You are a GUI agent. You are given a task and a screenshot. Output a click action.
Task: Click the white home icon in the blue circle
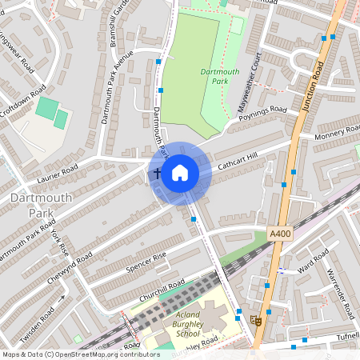[x=180, y=173]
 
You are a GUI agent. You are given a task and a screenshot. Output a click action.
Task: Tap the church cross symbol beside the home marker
[x=157, y=173]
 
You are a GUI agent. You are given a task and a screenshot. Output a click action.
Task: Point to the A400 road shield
[x=278, y=234]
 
